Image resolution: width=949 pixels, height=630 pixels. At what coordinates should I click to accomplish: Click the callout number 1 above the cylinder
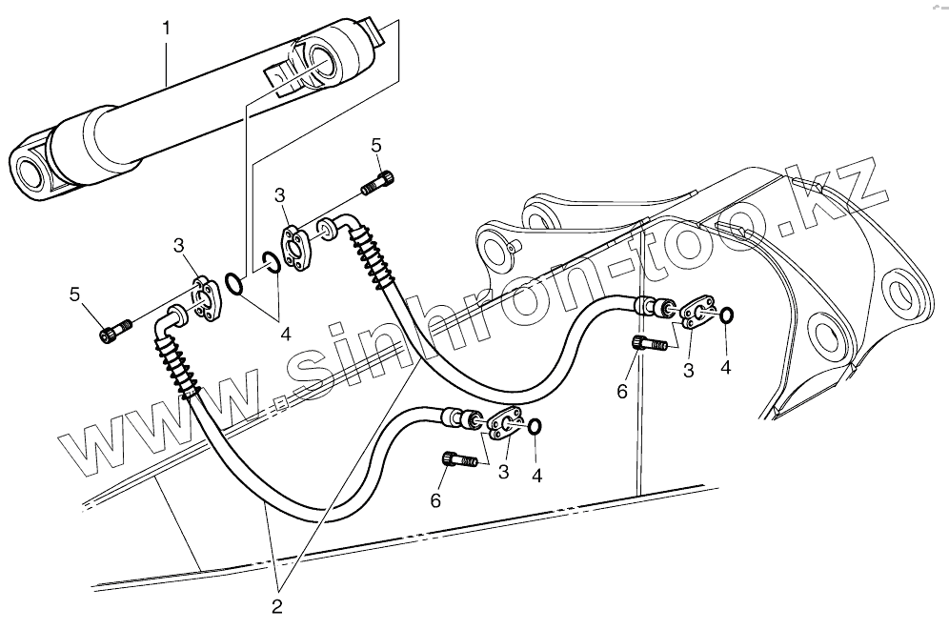coord(168,29)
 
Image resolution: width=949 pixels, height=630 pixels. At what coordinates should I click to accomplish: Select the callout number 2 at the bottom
coord(276,603)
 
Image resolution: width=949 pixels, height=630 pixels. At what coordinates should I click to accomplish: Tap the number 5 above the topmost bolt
coord(376,146)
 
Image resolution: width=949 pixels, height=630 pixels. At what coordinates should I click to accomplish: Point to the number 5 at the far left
coord(74,294)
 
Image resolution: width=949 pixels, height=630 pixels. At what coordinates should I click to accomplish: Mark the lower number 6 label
coord(436,499)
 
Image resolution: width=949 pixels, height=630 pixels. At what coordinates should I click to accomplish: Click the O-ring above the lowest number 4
coord(535,426)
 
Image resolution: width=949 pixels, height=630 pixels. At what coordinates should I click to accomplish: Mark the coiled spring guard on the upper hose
coord(373,253)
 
